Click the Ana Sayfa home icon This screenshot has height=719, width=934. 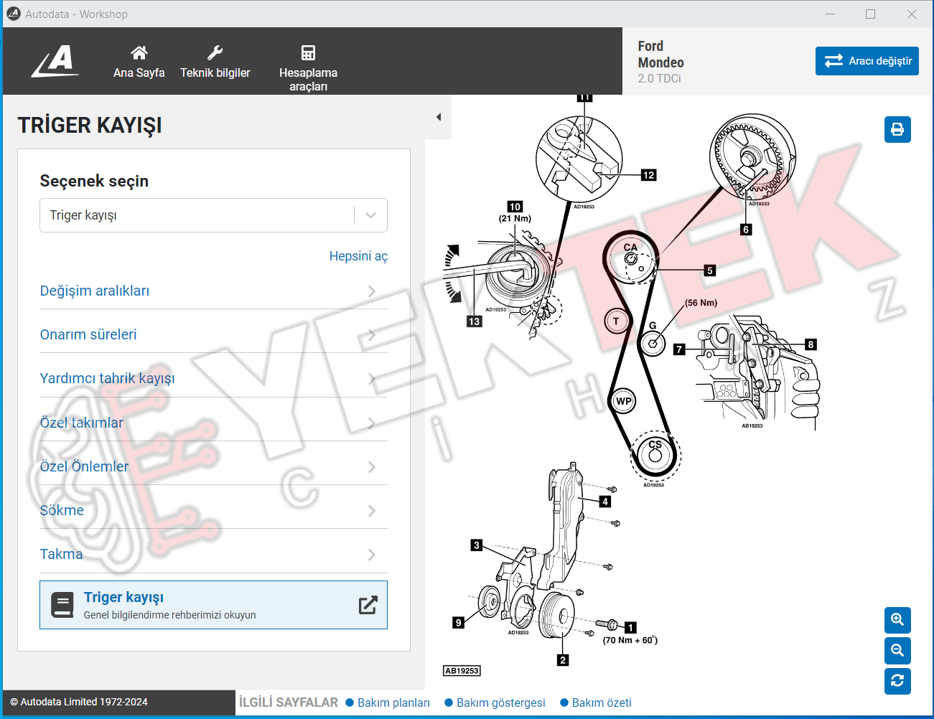point(139,53)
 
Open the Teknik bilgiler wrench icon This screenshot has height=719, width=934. point(215,53)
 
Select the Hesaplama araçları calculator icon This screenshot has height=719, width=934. point(308,53)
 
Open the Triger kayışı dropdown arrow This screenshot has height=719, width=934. point(370,215)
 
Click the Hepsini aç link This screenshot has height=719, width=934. point(358,256)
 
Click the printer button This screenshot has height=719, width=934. point(897,129)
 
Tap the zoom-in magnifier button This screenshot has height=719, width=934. point(897,620)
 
